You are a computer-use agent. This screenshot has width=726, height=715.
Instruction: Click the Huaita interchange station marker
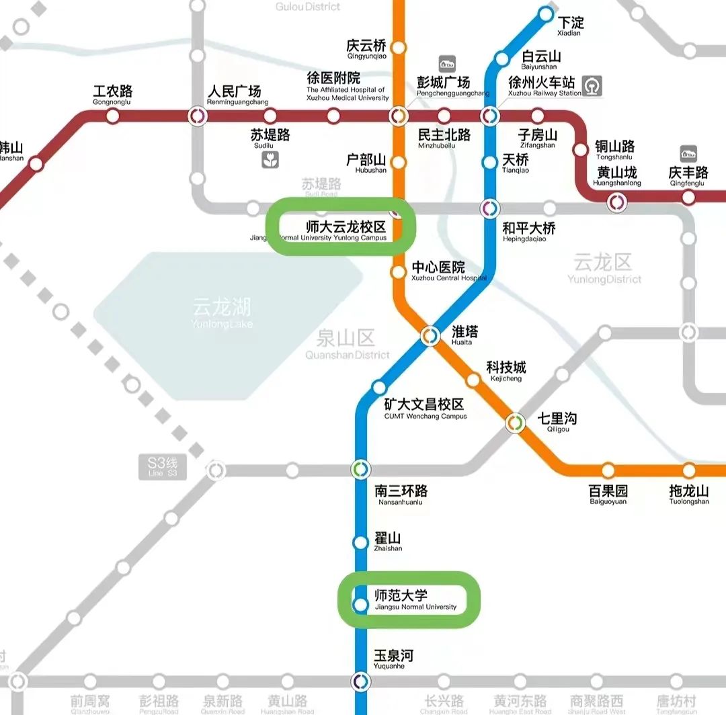coord(430,335)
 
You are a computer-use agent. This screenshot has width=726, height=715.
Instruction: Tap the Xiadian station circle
coord(546,14)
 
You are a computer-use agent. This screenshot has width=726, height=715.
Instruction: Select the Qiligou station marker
coord(516,423)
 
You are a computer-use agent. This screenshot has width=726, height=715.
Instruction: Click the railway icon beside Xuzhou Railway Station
coord(592,85)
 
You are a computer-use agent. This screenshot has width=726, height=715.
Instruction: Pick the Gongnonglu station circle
coord(113,116)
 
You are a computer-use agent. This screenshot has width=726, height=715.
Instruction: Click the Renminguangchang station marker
coord(198,116)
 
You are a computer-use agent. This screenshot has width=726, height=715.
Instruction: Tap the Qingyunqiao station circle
coord(399,48)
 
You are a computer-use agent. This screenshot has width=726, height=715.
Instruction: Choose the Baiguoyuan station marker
coord(608,470)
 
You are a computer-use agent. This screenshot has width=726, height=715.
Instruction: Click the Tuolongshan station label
coord(689,495)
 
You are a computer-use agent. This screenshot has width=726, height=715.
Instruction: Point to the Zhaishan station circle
coord(361,542)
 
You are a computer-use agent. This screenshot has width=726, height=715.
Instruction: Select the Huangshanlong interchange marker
coord(616,201)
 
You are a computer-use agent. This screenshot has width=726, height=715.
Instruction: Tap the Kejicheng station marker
coord(473,380)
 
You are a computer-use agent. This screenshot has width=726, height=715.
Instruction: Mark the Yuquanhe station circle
coord(361,681)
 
